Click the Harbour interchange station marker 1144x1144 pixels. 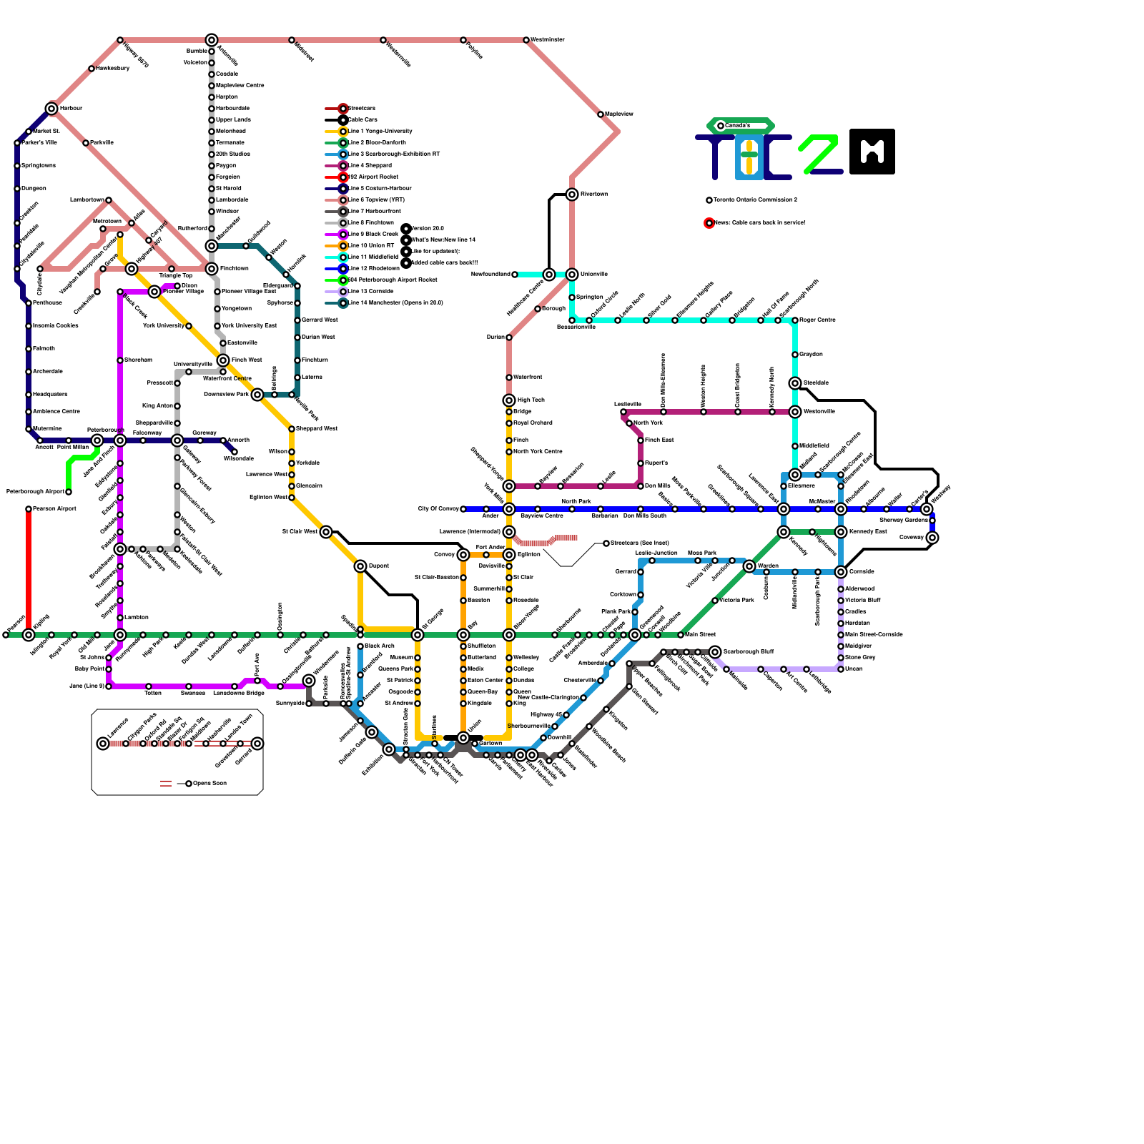coord(51,109)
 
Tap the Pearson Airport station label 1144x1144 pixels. coord(54,509)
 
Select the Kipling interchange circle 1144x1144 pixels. coord(29,635)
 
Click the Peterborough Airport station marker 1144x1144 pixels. coord(69,492)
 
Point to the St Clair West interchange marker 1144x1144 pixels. coord(326,532)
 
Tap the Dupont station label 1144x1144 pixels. coord(378,566)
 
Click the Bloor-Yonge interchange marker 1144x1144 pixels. coord(509,635)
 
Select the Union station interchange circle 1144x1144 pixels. coord(463,738)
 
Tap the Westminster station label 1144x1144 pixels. coord(548,40)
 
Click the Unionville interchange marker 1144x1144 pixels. coord(572,275)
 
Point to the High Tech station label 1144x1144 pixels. coord(531,400)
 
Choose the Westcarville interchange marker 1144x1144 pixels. coord(795,412)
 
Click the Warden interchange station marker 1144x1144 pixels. coord(749,566)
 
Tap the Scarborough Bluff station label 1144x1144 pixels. coord(748,652)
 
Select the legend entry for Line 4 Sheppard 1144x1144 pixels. coord(370,166)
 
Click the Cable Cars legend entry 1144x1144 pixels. coord(363,120)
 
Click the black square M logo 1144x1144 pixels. coord(872,151)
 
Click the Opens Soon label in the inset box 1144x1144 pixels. coord(209,784)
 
